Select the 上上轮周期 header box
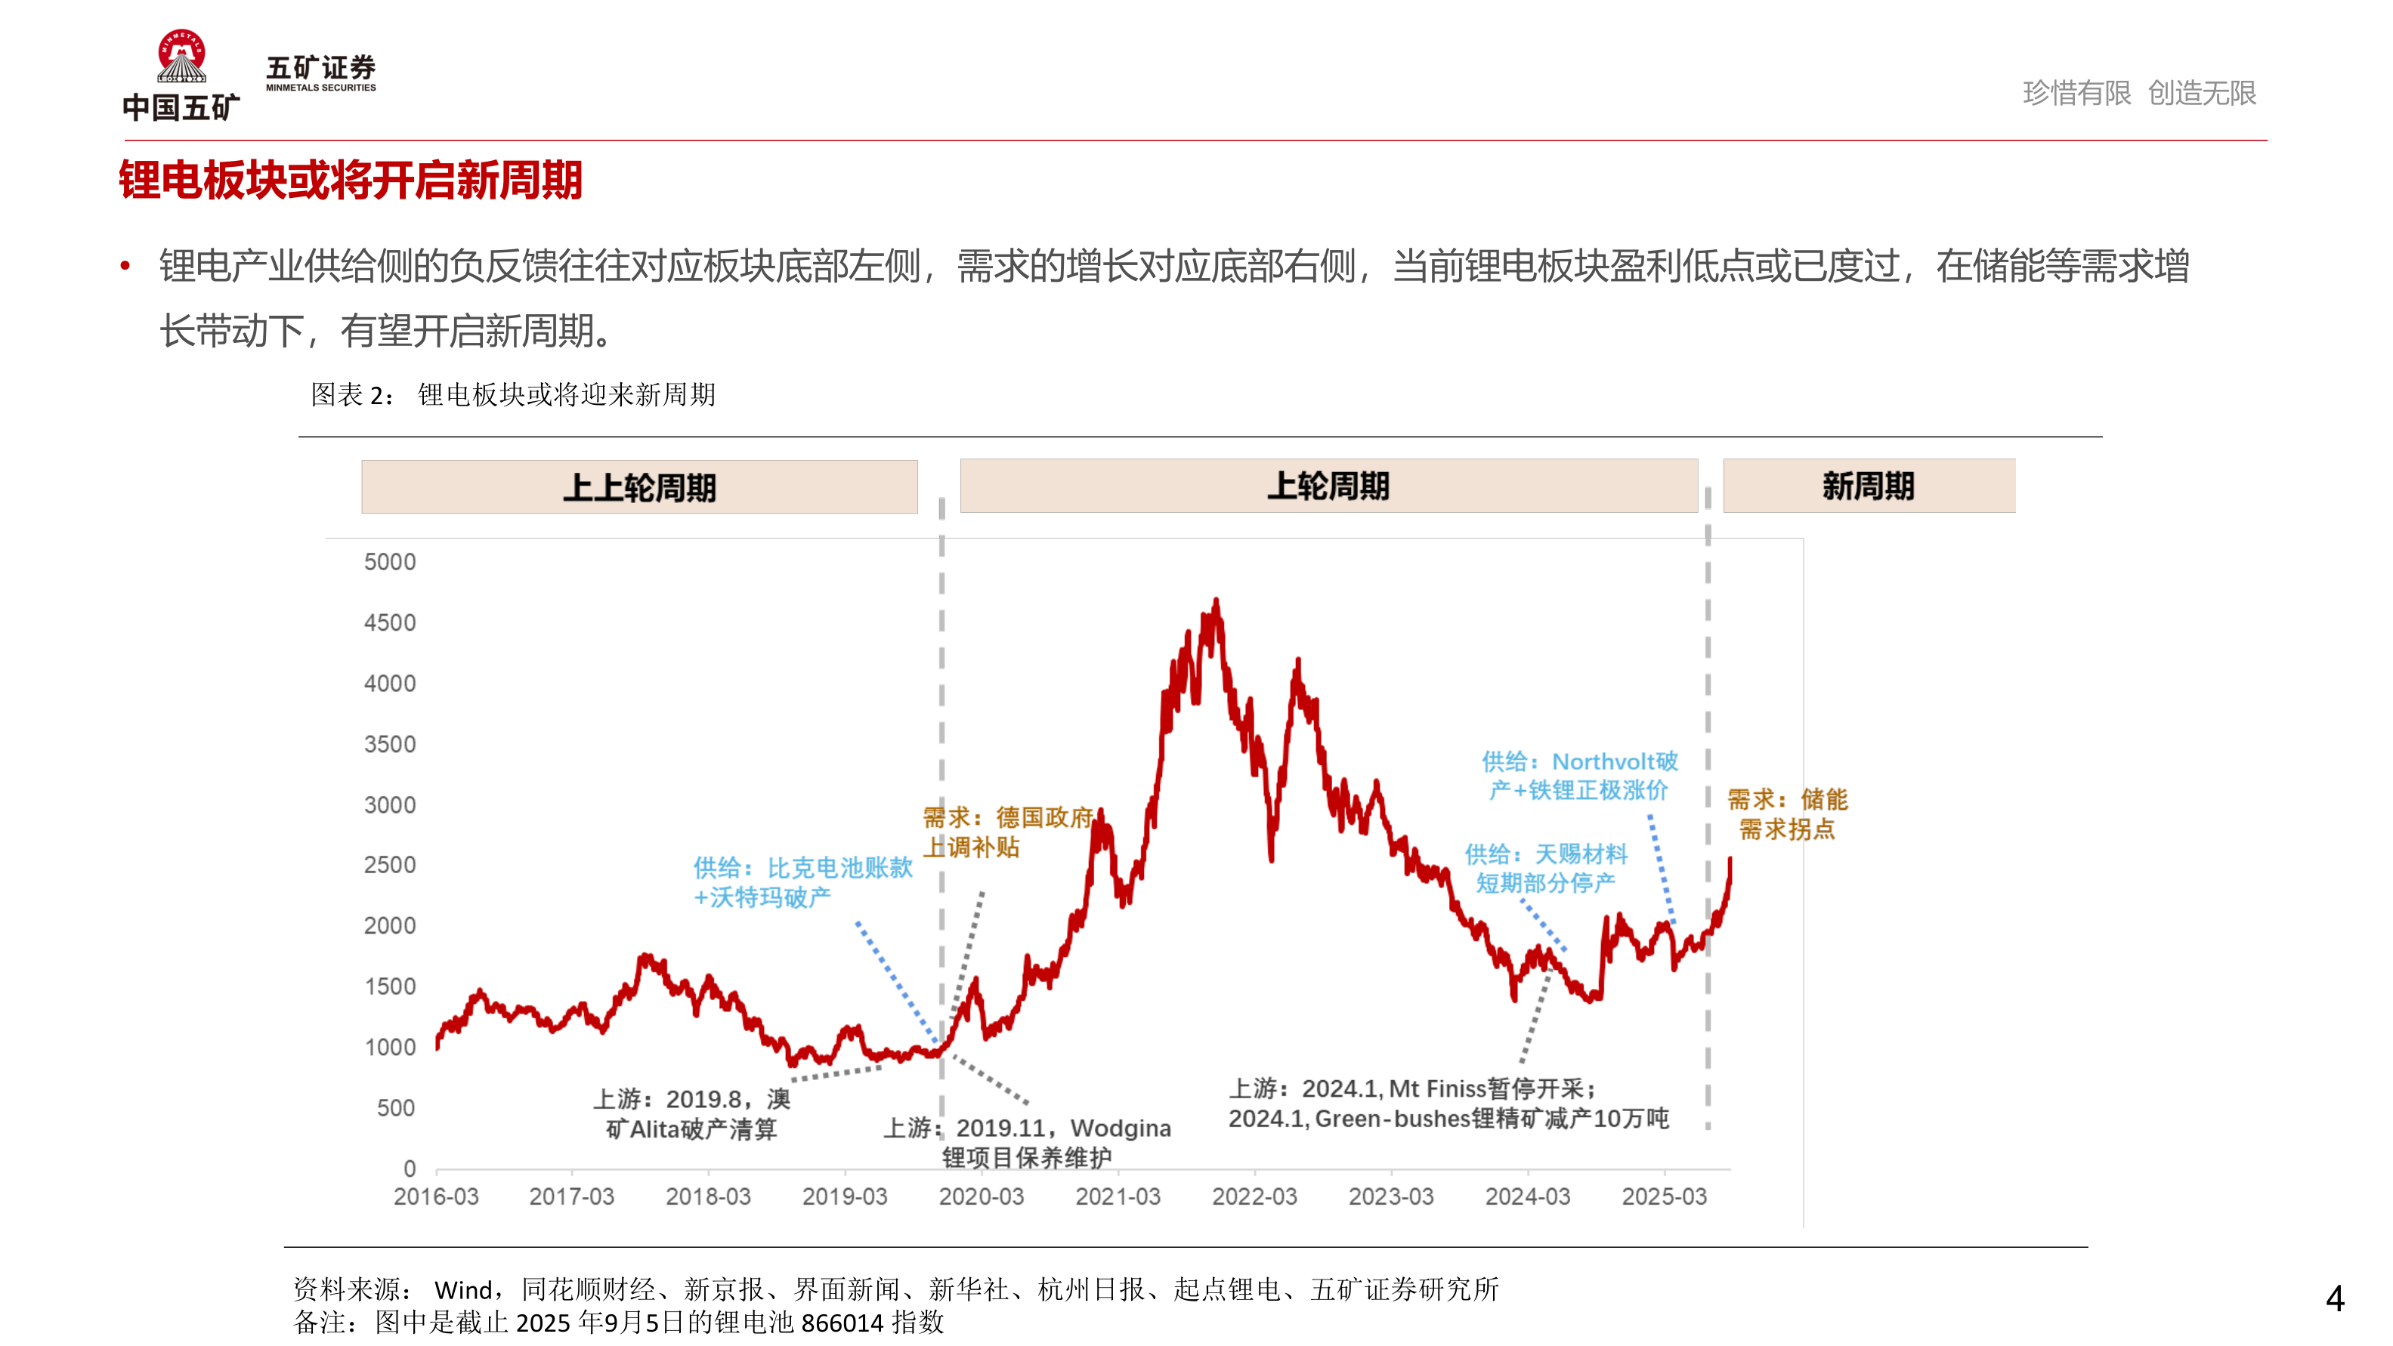pos(639,486)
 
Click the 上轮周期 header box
pos(1328,485)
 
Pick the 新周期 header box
pos(1868,485)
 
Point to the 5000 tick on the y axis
pos(389,562)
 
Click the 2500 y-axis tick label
pos(389,865)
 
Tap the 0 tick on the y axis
pos(409,1168)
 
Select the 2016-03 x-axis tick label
pos(436,1196)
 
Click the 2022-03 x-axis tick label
pos(1254,1196)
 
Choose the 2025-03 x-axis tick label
pos(1664,1196)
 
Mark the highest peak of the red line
pos(1216,602)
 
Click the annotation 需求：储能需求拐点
pos(1786,813)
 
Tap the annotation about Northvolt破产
pos(1579,776)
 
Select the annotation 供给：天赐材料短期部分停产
pos(1546,868)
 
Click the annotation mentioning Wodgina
pos(1028,1141)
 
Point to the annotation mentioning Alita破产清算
pos(691,1114)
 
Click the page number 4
pos(2335,1298)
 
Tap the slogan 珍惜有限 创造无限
pos(2138,93)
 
